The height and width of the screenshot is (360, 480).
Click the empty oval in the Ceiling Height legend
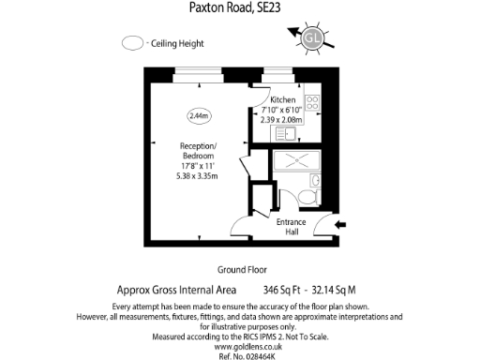tap(133, 43)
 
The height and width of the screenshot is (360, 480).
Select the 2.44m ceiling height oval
tap(199, 115)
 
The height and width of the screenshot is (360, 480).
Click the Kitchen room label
tap(283, 99)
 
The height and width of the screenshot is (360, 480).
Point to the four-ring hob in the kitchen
tap(312, 106)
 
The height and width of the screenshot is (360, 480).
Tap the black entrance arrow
tap(340, 224)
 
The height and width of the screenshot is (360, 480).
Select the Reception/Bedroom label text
tap(198, 151)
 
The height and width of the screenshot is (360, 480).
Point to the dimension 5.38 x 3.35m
tap(198, 175)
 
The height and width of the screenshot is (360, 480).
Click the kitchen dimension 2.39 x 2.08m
tap(283, 121)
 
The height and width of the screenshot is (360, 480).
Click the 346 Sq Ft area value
tap(284, 291)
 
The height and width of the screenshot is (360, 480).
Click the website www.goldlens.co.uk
tap(240, 337)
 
